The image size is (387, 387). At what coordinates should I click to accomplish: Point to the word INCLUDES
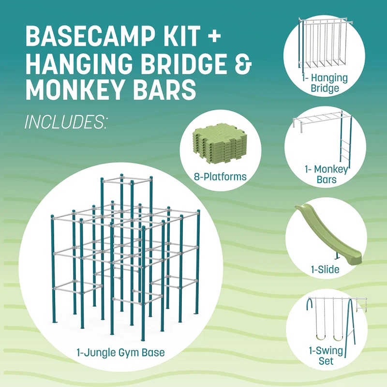coord(65,121)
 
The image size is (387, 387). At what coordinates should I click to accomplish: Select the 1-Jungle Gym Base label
coord(120,352)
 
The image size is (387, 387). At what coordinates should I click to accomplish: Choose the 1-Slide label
coord(325,269)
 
